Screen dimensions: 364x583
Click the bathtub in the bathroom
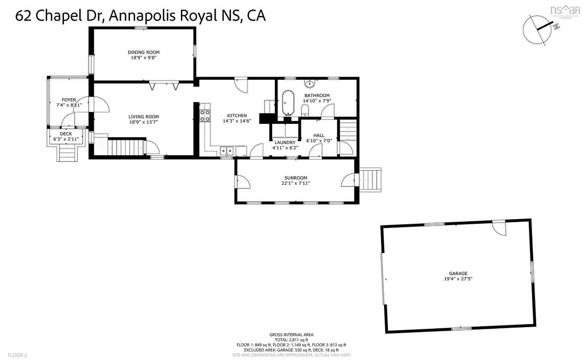[x=288, y=103]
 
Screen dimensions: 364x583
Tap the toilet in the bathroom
[x=305, y=111]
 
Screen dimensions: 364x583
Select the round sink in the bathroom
[x=309, y=83]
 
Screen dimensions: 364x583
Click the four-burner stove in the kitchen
[x=205, y=116]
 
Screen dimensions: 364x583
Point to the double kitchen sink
[x=227, y=150]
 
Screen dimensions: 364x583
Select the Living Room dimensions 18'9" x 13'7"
[x=144, y=122]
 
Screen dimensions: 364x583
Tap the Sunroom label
[x=295, y=178]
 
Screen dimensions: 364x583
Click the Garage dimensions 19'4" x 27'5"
[x=458, y=279]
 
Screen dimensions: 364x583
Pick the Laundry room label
[x=285, y=142]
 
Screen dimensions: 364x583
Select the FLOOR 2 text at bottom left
[x=17, y=355]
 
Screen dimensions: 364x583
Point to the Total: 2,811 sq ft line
[x=291, y=340]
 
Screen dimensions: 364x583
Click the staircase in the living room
[x=125, y=147]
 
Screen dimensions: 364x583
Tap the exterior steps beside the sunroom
[x=370, y=180]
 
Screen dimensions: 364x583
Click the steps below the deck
[x=68, y=153]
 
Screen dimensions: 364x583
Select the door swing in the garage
[x=499, y=228]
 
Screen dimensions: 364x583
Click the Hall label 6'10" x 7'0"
[x=319, y=138]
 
